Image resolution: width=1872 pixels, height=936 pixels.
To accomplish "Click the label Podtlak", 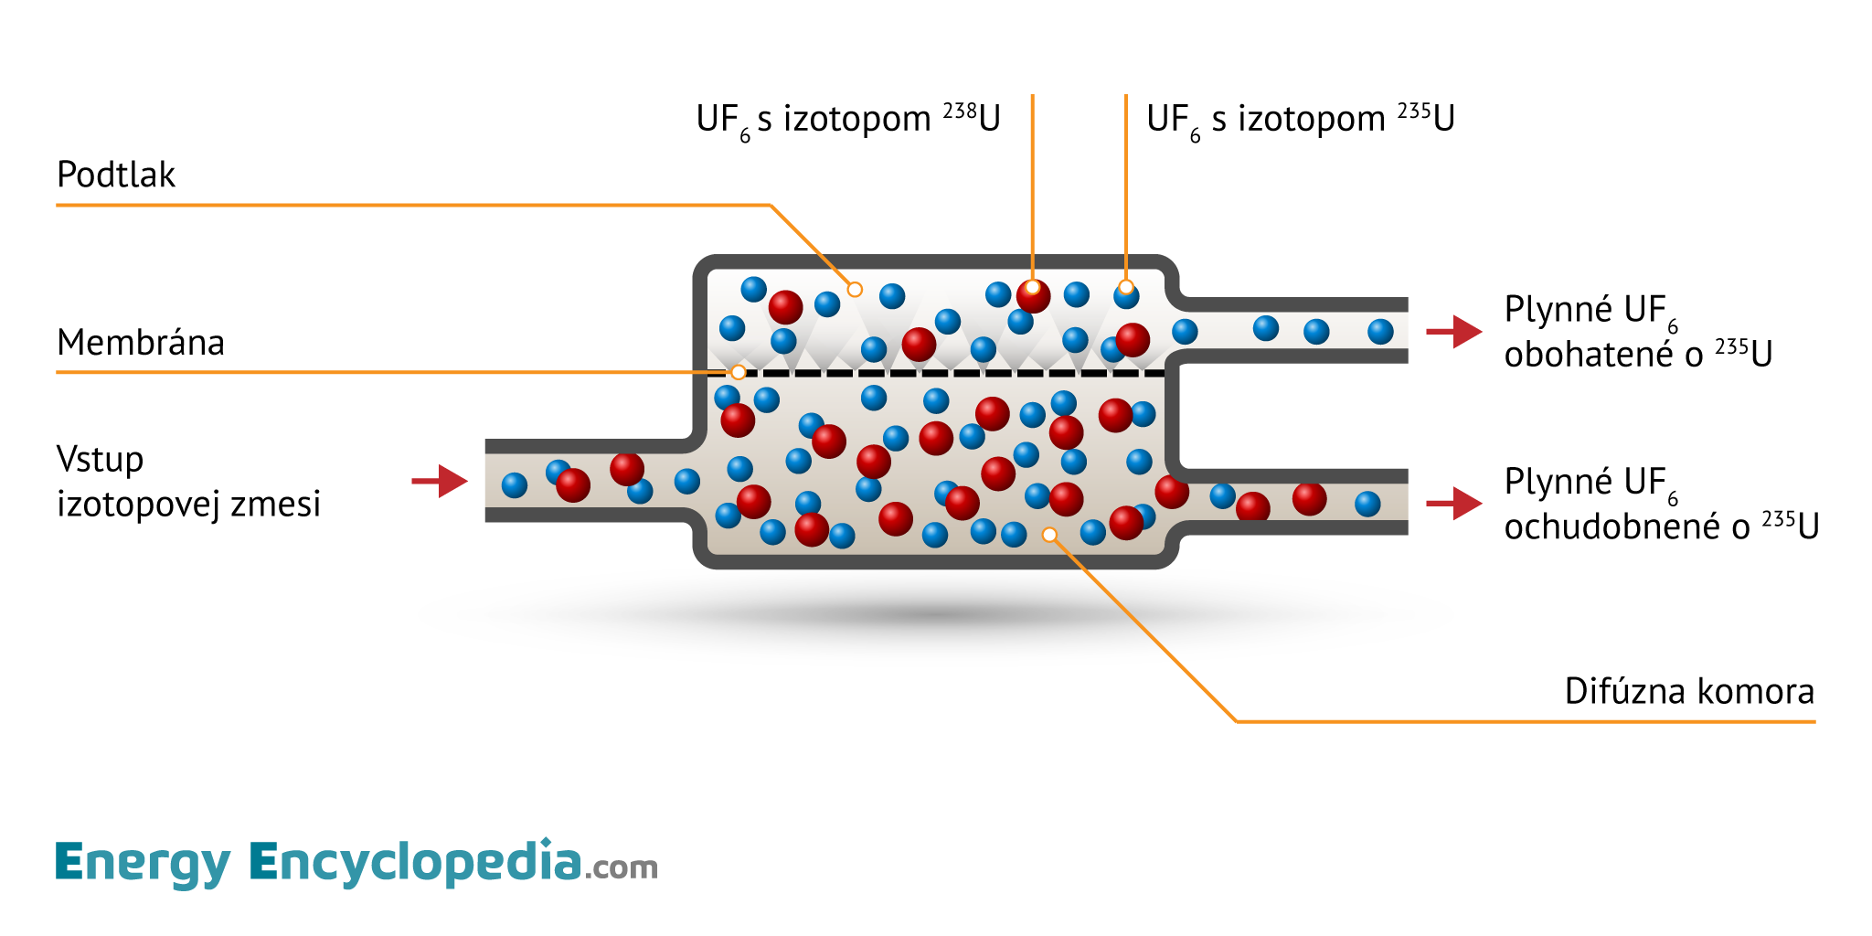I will (x=115, y=175).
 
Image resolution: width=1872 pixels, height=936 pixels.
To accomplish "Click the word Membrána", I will (x=140, y=343).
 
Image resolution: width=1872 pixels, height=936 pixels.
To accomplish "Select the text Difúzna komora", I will (x=1688, y=691).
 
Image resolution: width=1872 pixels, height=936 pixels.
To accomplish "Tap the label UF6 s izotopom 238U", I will (x=847, y=119).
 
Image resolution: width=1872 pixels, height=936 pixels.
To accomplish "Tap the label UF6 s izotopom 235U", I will (x=1300, y=119).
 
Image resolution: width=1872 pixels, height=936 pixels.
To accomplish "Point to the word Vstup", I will (x=100, y=459).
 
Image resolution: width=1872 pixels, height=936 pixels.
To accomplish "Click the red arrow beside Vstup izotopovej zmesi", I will (x=441, y=481).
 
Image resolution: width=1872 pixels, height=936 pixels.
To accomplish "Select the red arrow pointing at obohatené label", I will (x=1454, y=331).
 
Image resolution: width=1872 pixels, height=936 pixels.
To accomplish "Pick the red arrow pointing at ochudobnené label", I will (x=1454, y=503).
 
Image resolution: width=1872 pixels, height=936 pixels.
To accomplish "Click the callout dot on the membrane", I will (x=738, y=372).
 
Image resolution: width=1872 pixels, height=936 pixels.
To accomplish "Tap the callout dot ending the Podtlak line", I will (x=855, y=290).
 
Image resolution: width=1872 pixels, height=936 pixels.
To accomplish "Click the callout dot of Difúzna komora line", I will (x=1049, y=535).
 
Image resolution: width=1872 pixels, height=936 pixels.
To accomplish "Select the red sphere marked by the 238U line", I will (x=1033, y=295).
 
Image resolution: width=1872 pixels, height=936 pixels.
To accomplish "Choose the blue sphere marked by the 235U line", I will (x=1126, y=294).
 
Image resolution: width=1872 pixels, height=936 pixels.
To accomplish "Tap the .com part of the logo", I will (x=622, y=867).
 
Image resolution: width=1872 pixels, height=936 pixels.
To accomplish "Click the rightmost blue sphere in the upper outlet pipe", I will (x=1380, y=331).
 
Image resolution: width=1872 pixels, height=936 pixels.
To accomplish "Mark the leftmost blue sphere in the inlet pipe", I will (x=515, y=485).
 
